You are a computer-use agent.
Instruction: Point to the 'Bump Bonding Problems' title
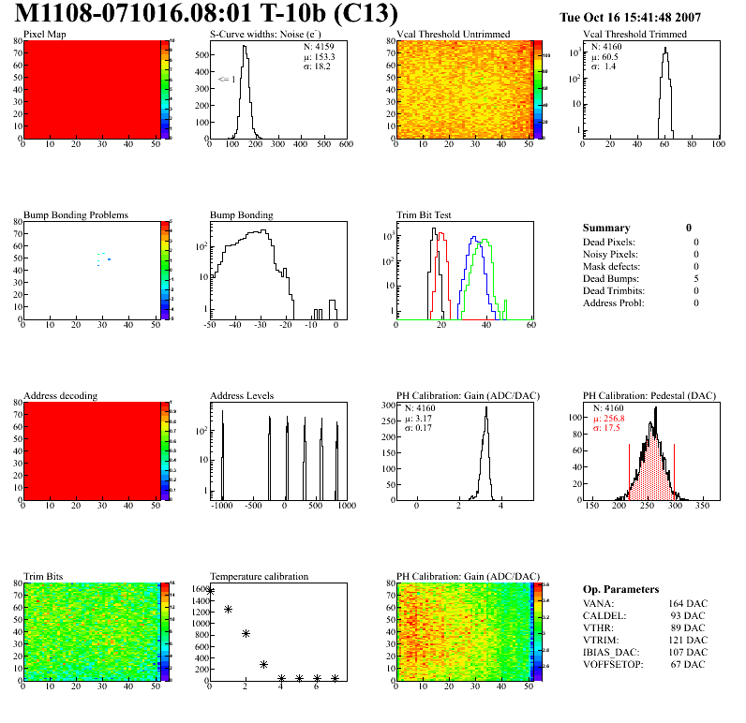click(76, 214)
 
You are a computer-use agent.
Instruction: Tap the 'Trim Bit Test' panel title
click(425, 214)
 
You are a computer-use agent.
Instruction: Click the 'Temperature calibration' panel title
click(259, 576)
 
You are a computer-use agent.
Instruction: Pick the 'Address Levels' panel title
click(242, 395)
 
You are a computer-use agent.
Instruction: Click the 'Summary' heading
click(606, 228)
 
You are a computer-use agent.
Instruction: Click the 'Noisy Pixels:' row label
click(610, 254)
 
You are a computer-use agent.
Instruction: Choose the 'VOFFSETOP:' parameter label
click(614, 664)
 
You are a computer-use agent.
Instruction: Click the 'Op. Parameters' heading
click(620, 589)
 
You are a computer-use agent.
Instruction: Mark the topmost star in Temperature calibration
click(211, 591)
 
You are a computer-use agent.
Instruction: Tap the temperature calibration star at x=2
click(246, 633)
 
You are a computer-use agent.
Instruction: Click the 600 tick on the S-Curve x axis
click(345, 145)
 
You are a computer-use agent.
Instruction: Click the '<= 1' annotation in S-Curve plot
click(227, 80)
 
